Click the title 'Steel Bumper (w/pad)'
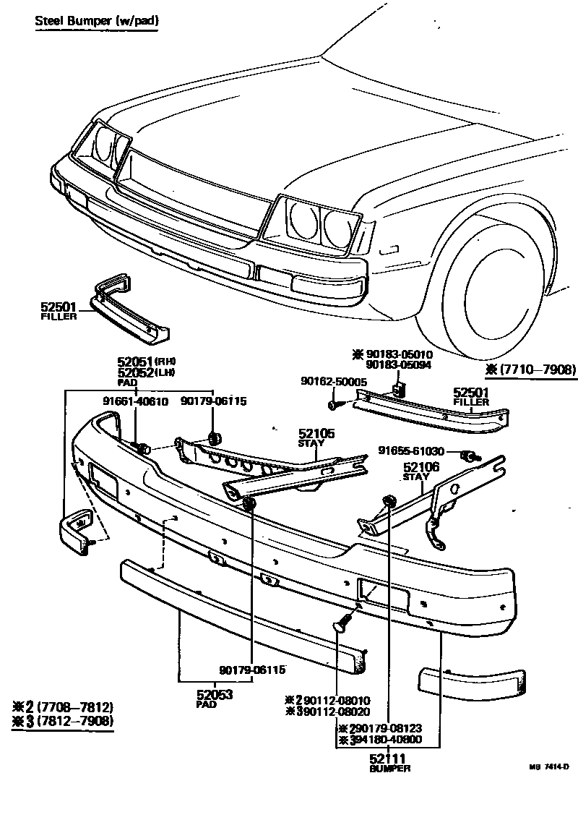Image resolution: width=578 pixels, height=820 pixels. [97, 21]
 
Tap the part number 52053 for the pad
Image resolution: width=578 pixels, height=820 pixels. [214, 694]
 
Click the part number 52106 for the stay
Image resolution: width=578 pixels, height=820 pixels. [421, 467]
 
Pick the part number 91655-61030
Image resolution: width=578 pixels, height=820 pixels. [420, 451]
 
